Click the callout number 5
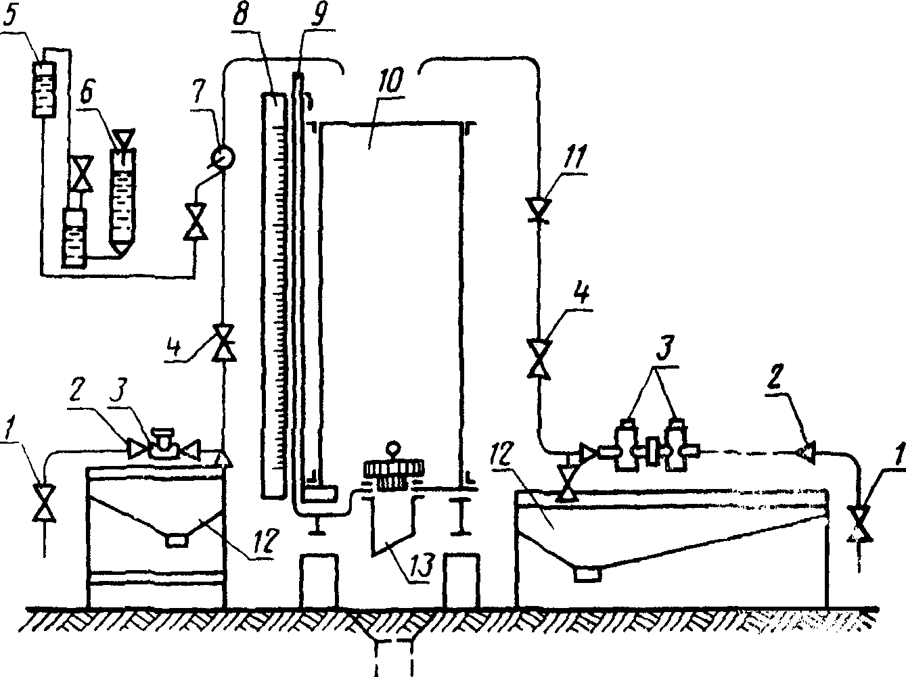(x=10, y=16)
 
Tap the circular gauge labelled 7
(x=223, y=157)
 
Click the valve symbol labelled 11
(x=539, y=210)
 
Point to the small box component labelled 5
(x=43, y=91)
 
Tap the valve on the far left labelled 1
(x=44, y=504)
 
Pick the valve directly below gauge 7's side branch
(x=195, y=221)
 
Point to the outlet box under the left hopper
(x=177, y=540)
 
